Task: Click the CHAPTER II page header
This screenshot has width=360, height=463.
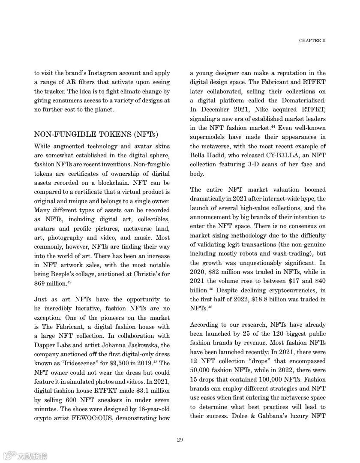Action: (312, 41)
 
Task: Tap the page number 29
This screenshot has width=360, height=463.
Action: (180, 440)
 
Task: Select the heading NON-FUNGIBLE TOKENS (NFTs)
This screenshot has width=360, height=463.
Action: (96, 134)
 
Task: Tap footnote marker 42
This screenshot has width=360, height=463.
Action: (69, 282)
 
